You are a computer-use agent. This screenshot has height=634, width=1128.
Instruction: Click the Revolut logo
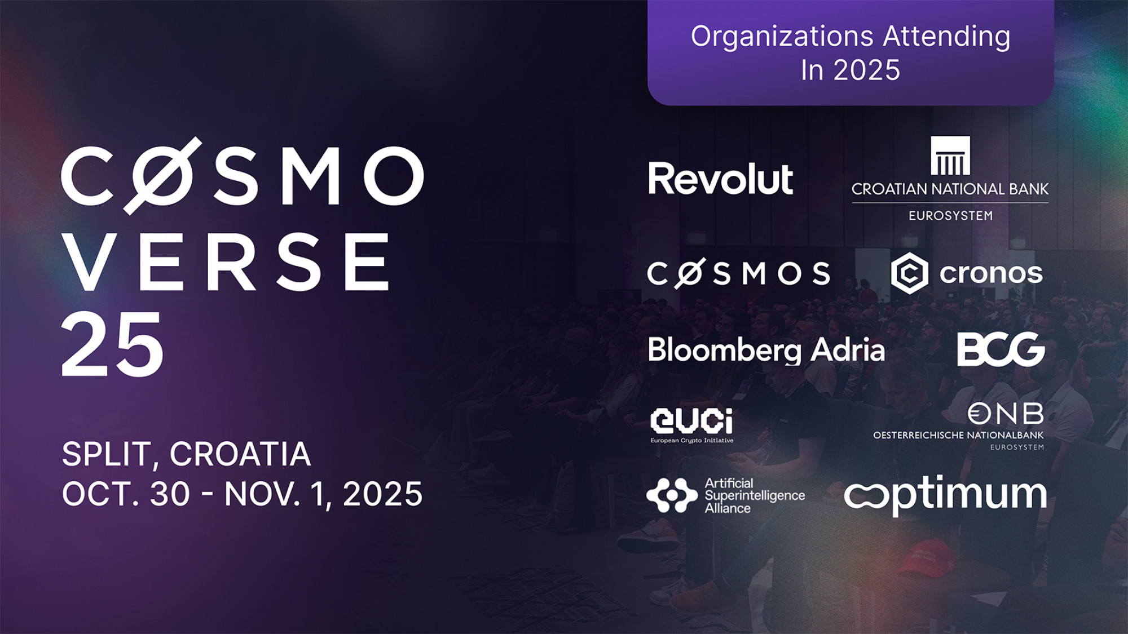click(720, 179)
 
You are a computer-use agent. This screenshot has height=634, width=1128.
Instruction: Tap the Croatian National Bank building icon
click(950, 156)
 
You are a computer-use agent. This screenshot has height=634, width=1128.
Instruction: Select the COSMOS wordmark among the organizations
click(738, 273)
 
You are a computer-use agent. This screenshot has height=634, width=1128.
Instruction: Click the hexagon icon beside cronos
click(909, 273)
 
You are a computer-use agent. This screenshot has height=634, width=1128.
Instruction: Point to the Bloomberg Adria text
click(766, 350)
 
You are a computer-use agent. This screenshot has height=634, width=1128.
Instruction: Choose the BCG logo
click(1001, 349)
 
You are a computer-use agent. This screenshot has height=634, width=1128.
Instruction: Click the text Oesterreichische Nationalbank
click(958, 435)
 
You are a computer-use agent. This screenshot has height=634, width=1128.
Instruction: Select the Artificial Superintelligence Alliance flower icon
click(672, 495)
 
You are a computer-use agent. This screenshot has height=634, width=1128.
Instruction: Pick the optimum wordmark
click(945, 495)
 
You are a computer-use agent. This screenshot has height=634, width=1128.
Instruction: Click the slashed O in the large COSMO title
click(162, 176)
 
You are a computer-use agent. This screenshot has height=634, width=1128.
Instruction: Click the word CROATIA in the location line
click(240, 454)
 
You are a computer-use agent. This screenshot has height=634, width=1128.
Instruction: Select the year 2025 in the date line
click(382, 494)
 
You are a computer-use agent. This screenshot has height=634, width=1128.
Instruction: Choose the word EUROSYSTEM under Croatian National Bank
click(950, 215)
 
